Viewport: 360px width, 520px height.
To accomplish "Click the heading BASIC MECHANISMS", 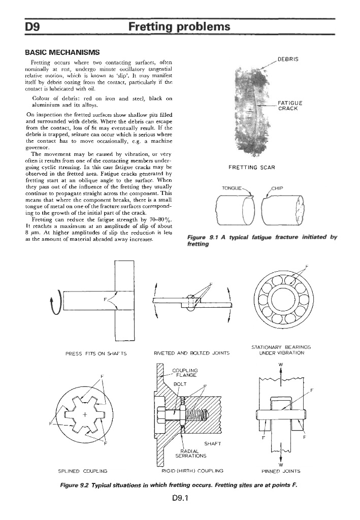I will (62, 52).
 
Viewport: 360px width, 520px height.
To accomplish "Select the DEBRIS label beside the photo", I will (288, 59).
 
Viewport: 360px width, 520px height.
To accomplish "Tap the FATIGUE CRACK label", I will (290, 106).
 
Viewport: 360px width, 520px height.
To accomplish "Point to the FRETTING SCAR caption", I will (252, 167).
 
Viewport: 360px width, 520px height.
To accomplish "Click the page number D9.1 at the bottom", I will (180, 498).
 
